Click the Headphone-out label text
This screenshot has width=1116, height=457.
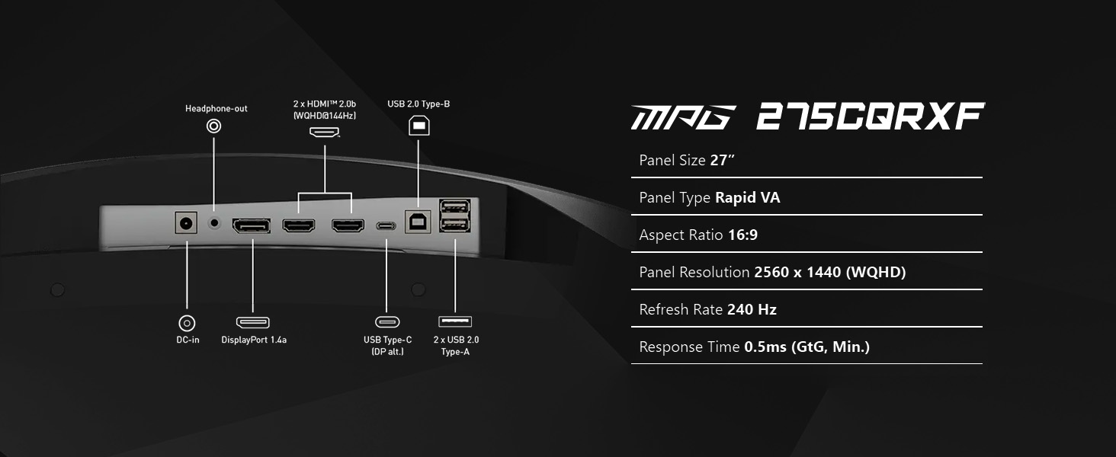(x=216, y=109)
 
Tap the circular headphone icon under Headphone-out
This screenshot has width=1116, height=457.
(x=214, y=126)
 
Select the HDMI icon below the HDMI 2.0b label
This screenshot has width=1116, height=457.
(x=325, y=132)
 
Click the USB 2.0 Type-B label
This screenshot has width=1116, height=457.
(x=418, y=104)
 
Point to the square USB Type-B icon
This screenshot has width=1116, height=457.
(x=418, y=125)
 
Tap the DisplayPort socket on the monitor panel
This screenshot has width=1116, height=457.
(x=251, y=225)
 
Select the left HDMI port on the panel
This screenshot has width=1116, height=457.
(x=299, y=225)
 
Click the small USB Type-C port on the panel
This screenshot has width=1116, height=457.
(x=386, y=226)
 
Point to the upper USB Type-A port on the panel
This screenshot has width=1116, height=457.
(x=454, y=206)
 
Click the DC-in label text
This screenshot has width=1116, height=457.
(x=188, y=340)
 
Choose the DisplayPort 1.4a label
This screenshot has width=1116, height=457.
(x=254, y=340)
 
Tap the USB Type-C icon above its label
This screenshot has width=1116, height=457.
(x=387, y=322)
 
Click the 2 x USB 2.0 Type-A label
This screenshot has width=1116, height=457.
(x=456, y=346)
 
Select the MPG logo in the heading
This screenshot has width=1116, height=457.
(x=683, y=118)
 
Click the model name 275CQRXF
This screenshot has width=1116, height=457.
(x=871, y=118)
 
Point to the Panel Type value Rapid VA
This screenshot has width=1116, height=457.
(x=747, y=198)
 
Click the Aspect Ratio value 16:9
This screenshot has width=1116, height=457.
(x=742, y=235)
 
